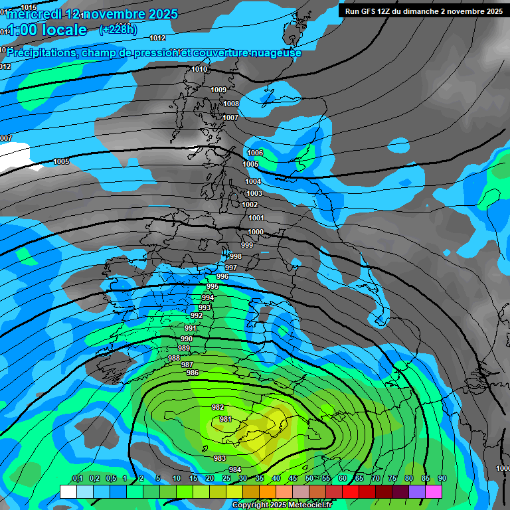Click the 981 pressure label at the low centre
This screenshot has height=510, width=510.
click(226, 419)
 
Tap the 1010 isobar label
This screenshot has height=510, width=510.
click(199, 69)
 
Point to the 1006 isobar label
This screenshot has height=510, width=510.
click(255, 153)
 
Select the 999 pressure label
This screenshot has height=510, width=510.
click(247, 245)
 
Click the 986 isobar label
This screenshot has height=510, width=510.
click(193, 373)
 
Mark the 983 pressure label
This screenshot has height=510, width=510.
click(220, 458)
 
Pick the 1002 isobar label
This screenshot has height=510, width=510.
click(250, 205)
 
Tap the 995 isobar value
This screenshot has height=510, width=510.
click(212, 286)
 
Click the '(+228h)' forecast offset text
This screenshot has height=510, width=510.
click(118, 29)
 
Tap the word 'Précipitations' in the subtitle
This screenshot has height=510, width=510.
click(42, 52)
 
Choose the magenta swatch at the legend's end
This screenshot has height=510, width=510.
click(434, 491)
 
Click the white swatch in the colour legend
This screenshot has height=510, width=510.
click(68, 491)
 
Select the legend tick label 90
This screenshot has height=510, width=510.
click(442, 478)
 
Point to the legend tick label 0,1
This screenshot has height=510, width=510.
click(77, 478)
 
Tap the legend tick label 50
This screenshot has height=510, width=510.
click(309, 478)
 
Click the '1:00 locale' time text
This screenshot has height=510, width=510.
click(46, 30)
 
